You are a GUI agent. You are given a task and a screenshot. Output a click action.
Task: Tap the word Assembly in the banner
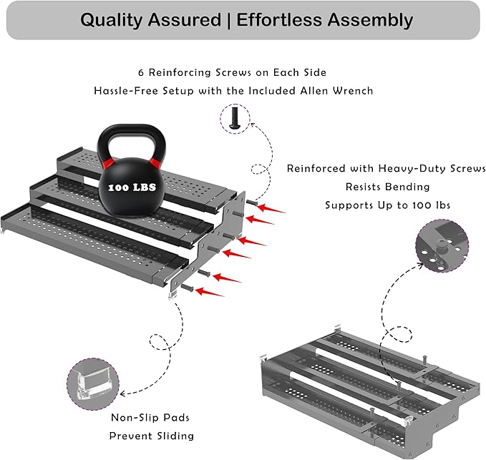[370, 21]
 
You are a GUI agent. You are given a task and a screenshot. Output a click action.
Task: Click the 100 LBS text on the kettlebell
[132, 187]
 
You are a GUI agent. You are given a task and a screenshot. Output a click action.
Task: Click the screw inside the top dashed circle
[235, 118]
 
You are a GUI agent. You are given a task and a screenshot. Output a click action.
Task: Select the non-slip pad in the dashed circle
[93, 383]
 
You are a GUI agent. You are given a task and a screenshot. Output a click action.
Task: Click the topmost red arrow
[271, 208]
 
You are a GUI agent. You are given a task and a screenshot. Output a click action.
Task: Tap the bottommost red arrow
[210, 292]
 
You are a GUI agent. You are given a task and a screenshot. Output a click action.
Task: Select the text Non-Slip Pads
[150, 418]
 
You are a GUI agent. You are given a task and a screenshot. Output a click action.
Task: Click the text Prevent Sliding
[152, 436]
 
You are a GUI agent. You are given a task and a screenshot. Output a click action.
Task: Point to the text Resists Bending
[388, 187]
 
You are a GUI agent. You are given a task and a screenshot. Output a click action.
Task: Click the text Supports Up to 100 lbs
[387, 205]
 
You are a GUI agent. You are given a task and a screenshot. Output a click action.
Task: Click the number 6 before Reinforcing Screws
[141, 73]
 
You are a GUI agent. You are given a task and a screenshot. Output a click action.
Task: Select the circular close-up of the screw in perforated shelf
[442, 245]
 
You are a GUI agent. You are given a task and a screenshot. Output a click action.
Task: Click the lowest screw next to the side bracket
[188, 288]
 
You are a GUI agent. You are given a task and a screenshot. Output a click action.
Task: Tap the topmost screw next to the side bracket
[252, 202]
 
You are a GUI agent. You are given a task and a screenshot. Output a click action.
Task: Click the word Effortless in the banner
[280, 21]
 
